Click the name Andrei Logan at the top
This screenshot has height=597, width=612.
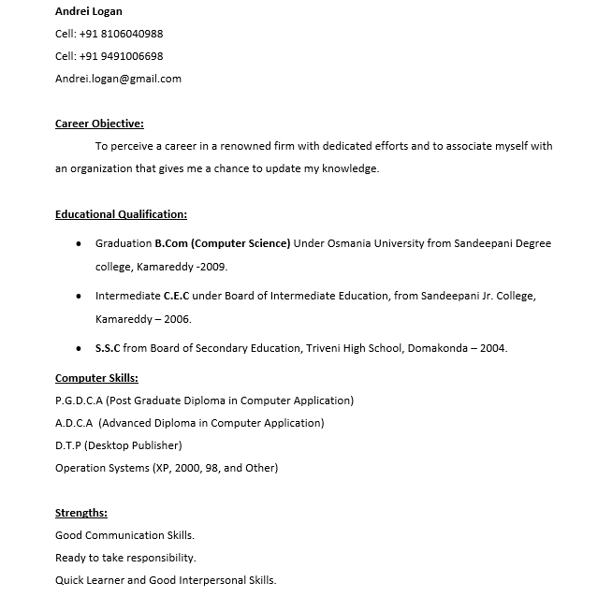coord(89,11)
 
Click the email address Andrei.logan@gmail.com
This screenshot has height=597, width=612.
coord(118,79)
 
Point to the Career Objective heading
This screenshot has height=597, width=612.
coord(99,124)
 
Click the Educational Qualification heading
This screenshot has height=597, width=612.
coord(121,214)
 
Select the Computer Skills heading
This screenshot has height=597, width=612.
coord(96,378)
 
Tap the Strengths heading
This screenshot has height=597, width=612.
coord(81,513)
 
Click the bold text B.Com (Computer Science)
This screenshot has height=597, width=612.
coord(223,243)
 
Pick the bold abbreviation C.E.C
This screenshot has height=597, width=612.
coord(176,296)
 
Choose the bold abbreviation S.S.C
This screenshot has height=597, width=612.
coord(108,348)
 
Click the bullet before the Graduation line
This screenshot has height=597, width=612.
coord(78,243)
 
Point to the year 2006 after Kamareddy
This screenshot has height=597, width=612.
coord(177,319)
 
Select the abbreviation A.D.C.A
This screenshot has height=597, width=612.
coord(75,423)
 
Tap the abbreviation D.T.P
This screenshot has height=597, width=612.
coord(68,445)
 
